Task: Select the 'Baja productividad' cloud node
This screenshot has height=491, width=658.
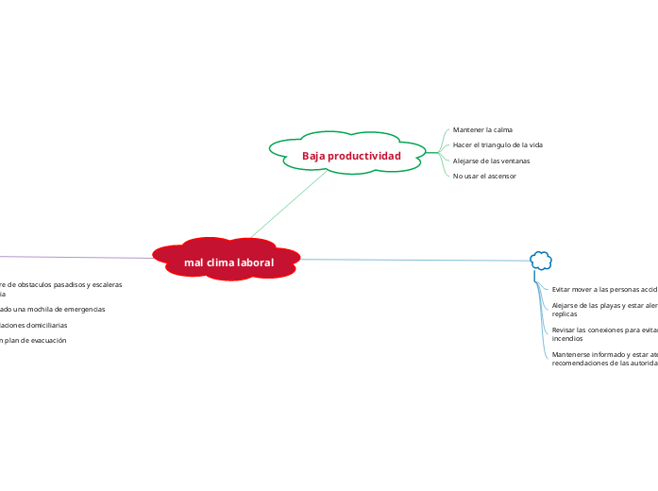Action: click(347, 153)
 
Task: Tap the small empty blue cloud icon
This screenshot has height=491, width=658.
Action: click(541, 260)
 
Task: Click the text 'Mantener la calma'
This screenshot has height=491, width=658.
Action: click(482, 129)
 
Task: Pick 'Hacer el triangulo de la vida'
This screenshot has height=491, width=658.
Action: click(498, 144)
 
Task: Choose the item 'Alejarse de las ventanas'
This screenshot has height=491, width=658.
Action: click(491, 161)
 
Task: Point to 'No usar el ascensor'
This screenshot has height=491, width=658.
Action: click(484, 176)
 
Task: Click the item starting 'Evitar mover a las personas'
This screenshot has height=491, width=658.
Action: click(604, 289)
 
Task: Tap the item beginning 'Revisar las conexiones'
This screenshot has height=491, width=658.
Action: click(604, 333)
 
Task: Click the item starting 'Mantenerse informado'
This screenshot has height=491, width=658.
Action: click(604, 358)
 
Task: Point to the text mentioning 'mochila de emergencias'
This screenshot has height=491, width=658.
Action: click(53, 309)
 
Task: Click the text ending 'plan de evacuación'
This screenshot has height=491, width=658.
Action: click(34, 340)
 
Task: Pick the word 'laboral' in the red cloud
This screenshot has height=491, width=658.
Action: click(255, 262)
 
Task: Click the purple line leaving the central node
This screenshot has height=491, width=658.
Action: click(76, 256)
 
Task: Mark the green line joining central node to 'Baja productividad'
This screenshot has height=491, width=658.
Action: click(288, 204)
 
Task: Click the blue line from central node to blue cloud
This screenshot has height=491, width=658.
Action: click(415, 260)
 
